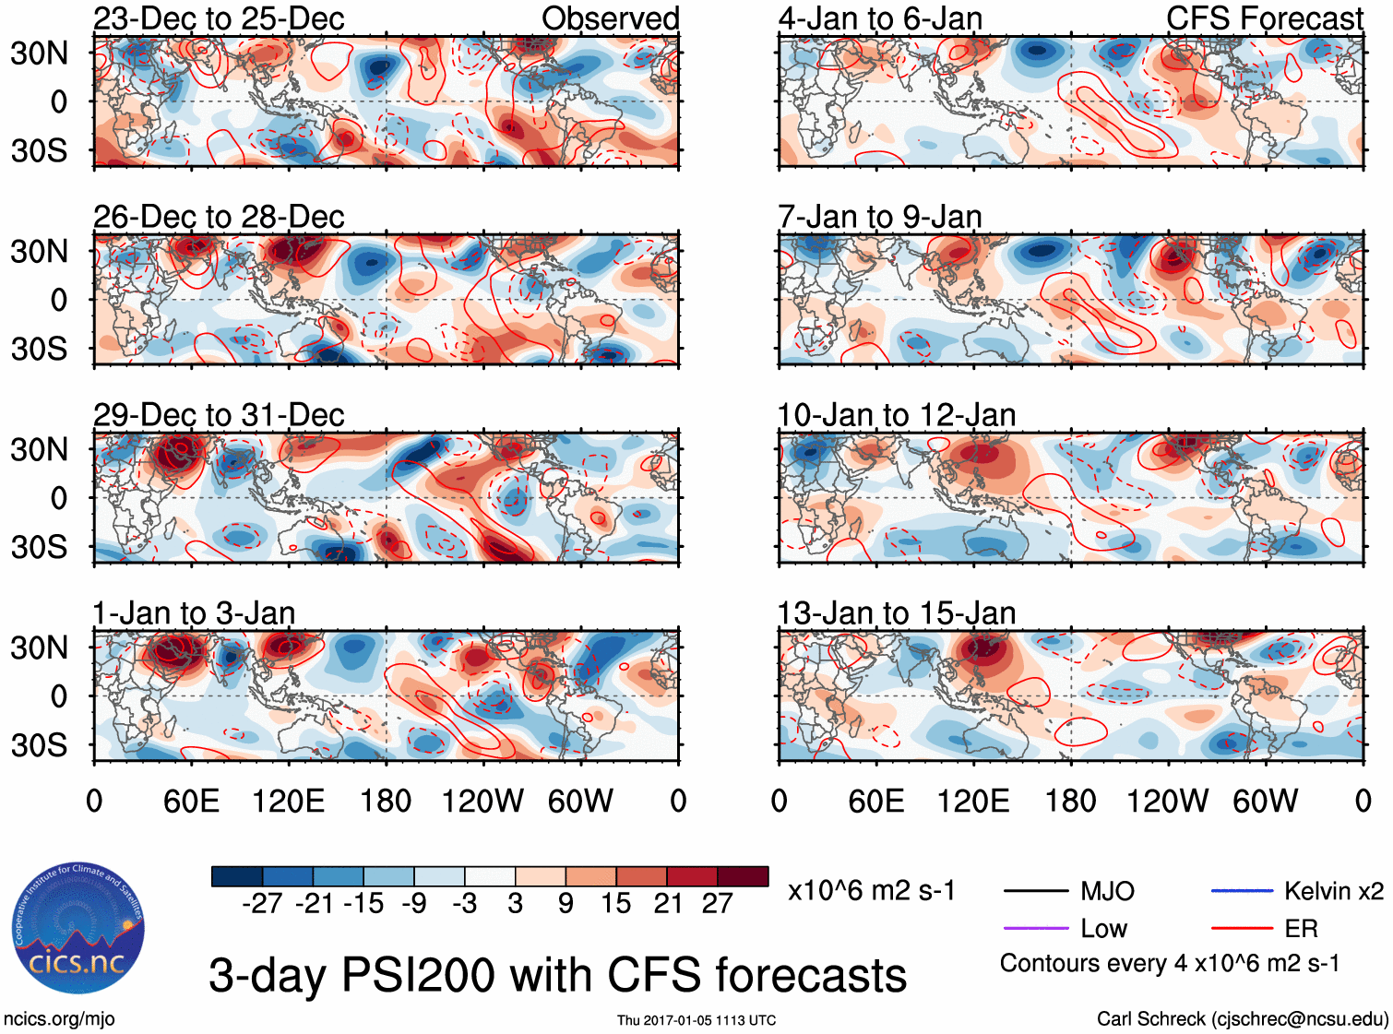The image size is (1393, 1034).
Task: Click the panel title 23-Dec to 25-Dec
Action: pos(219,18)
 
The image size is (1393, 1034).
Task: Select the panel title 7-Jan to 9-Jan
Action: pos(879,217)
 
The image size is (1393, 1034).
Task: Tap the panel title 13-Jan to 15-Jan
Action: pos(896,613)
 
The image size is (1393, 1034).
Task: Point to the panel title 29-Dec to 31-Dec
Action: pos(219,415)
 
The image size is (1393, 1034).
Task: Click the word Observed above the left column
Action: pos(610,18)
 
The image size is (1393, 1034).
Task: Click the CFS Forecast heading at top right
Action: pos(1264,18)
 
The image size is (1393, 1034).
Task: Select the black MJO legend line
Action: pos(1035,891)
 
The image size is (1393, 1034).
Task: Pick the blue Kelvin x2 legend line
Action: pos(1242,891)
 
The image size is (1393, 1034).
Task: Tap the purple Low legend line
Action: pos(1035,928)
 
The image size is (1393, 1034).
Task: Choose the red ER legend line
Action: pos(1242,928)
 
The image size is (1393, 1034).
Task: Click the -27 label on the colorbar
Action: pos(262,904)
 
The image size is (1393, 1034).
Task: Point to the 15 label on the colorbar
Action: pos(615,904)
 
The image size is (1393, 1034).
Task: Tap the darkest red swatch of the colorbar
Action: pos(743,876)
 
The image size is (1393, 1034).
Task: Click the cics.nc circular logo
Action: pos(77,929)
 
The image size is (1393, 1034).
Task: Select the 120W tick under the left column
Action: pos(482,801)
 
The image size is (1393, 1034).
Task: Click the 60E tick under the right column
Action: pos(876,801)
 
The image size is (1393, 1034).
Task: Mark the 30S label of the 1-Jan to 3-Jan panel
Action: pos(39,745)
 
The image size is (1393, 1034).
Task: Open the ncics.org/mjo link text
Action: pos(59,1019)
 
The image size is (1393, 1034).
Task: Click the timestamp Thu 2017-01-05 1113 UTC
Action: pos(696,1020)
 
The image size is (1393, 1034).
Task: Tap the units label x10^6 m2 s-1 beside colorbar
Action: pos(871,891)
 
